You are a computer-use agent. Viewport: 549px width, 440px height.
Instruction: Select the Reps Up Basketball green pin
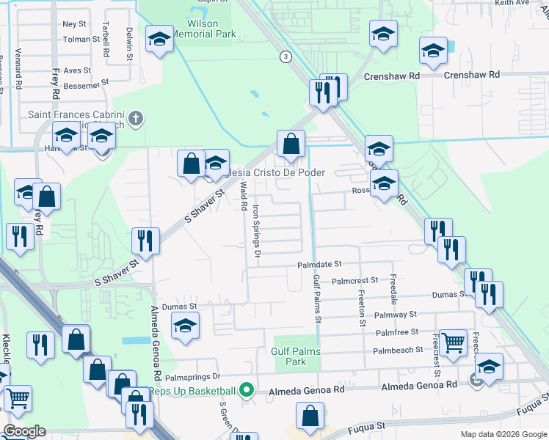[x=247, y=391]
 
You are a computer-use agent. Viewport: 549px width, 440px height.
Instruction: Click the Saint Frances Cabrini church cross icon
[x=135, y=117]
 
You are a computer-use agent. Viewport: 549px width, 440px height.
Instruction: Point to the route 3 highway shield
[x=285, y=56]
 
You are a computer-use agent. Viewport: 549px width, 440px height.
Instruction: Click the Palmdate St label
[x=319, y=264]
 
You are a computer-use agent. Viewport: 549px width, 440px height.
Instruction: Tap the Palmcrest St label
[x=355, y=280]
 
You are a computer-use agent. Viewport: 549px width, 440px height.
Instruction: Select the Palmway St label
[x=395, y=314]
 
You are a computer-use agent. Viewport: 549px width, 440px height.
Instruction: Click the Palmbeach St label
[x=399, y=350]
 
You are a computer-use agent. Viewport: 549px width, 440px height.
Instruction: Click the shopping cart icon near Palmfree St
[x=453, y=342]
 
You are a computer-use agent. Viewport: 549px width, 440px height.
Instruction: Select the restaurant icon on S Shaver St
[x=145, y=241]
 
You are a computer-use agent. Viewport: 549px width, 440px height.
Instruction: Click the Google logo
[x=23, y=431]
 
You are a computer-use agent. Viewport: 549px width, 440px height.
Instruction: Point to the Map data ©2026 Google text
[x=503, y=434]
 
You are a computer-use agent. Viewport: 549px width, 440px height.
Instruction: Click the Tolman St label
[x=81, y=39]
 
